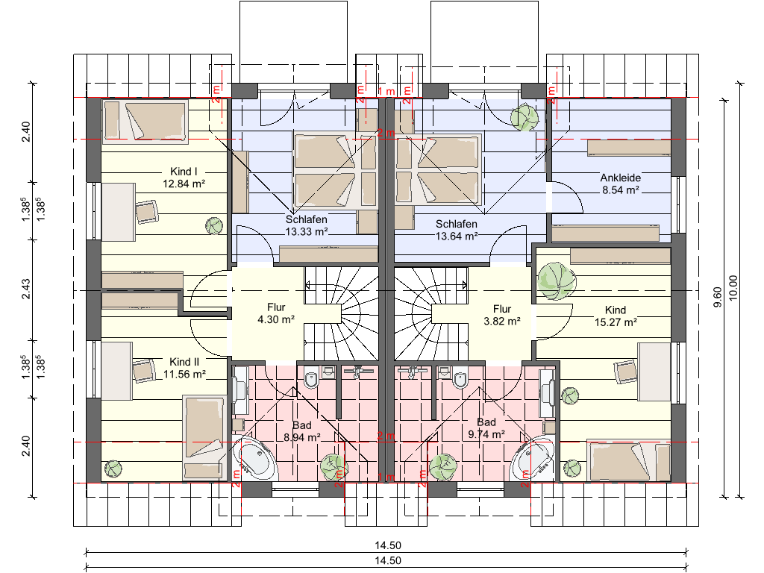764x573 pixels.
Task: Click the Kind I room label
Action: point(184,172)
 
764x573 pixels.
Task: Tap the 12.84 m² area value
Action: point(184,184)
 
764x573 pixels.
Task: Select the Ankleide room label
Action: point(620,178)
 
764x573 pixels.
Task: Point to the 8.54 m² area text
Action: point(620,190)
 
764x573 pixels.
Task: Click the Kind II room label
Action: point(184,362)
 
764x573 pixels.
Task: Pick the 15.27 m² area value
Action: point(616,322)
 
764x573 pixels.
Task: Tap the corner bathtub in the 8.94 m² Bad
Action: point(255,459)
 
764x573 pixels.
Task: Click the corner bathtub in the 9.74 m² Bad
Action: point(532,459)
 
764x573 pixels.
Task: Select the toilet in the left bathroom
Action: point(311,378)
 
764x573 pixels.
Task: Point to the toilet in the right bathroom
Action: point(459,378)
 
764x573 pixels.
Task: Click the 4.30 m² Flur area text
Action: point(276,319)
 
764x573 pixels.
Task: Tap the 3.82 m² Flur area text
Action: point(502,322)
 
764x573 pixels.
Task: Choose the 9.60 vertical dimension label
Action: point(717,297)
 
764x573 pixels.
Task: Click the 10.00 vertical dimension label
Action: point(733,289)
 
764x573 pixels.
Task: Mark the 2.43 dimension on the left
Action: point(26,289)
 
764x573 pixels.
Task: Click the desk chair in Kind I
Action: point(147,211)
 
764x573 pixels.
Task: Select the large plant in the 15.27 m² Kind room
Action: point(556,281)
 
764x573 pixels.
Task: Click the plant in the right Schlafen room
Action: point(525,117)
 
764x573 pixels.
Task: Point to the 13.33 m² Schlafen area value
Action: point(307,231)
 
